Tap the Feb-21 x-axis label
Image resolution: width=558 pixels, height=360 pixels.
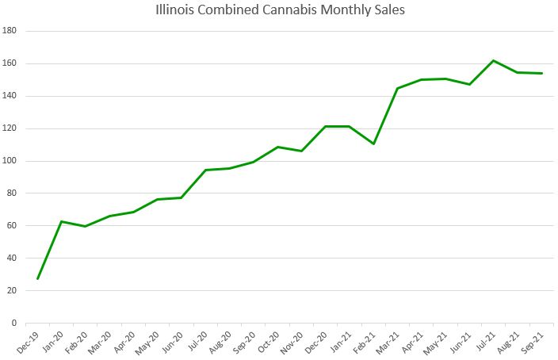point(365,339)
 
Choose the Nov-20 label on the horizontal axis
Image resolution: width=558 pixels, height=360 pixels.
point(293,339)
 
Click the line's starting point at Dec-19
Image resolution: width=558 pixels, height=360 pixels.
point(37,278)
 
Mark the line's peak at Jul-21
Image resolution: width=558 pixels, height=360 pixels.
point(493,60)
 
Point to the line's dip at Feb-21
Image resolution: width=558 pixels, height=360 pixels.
point(373,144)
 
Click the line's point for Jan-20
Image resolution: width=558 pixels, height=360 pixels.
point(61,221)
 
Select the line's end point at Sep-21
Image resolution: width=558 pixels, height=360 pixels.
point(541,73)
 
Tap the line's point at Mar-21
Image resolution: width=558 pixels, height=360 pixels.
point(397,88)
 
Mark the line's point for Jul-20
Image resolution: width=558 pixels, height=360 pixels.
point(205,170)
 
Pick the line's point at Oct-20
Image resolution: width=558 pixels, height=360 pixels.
point(277,147)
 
